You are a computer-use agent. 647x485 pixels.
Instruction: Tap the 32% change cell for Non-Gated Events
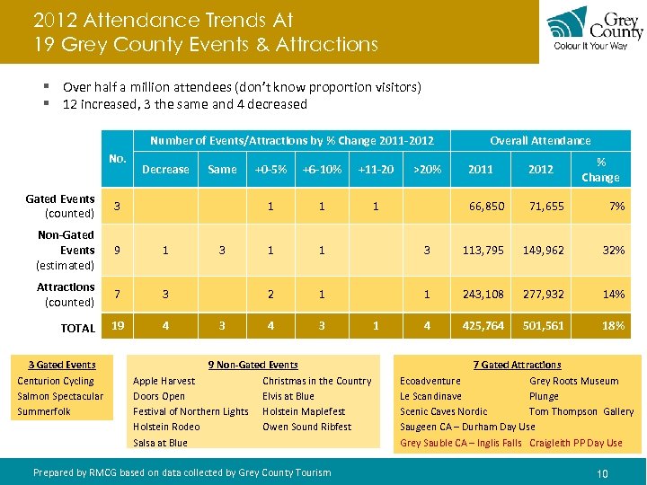pos(614,250)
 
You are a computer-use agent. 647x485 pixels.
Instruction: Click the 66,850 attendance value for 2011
pos(487,206)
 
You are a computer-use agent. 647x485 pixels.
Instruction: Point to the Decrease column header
pos(165,169)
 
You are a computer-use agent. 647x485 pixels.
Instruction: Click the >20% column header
pos(427,169)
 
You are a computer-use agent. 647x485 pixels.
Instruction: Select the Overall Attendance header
pos(540,140)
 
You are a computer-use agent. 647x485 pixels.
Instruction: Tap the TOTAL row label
pos(77,328)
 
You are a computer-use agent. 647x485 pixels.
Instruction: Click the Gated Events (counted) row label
pos(60,206)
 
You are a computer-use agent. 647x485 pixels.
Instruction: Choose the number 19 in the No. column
pos(117,326)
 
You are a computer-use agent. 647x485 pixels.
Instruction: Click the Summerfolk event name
pos(44,411)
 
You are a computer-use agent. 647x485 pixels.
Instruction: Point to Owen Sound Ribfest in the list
pos(306,427)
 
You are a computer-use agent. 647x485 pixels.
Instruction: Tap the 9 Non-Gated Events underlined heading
pos(253,365)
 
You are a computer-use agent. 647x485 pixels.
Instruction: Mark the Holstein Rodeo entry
pos(166,427)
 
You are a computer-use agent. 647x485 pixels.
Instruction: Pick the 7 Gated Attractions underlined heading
pos(517,365)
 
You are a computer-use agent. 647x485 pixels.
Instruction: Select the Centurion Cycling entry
pos(56,381)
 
